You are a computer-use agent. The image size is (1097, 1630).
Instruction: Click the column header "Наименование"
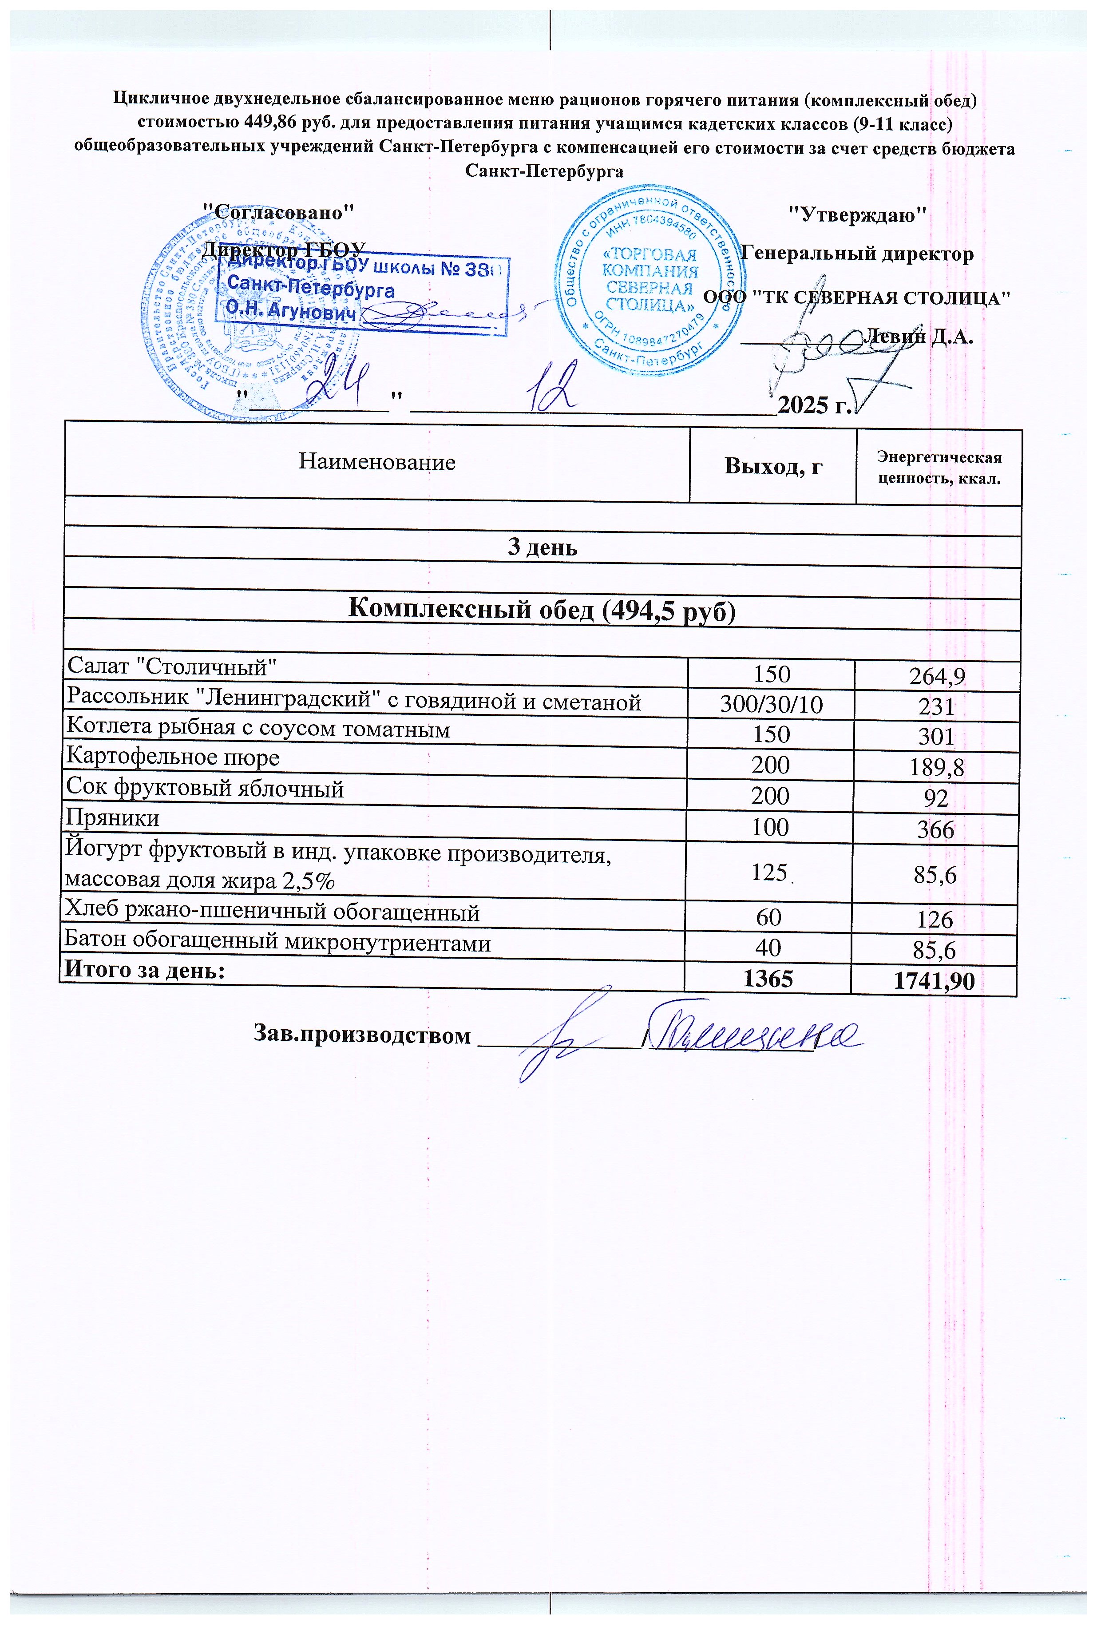point(376,462)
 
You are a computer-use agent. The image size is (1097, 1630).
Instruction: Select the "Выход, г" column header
point(772,466)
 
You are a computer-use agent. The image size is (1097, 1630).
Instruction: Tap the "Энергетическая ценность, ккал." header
point(939,468)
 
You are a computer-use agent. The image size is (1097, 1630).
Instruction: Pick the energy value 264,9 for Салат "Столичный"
point(937,676)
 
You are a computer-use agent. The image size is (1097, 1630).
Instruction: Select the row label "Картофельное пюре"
point(172,757)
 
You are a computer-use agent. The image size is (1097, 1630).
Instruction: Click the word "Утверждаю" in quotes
point(857,214)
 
